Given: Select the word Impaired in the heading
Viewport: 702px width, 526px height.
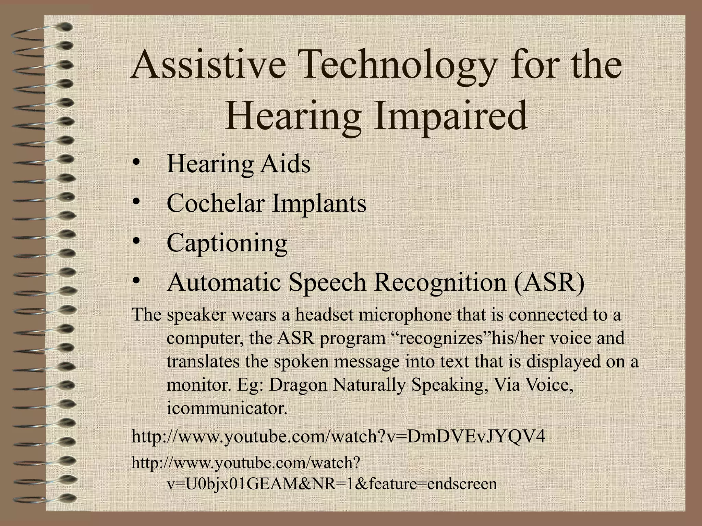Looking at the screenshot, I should pyautogui.click(x=450, y=116).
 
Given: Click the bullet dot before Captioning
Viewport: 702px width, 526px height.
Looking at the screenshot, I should pyautogui.click(x=136, y=242).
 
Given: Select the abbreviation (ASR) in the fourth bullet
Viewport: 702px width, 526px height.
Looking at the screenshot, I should pyautogui.click(x=549, y=283).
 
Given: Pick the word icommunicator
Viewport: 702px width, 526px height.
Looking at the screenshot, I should pyautogui.click(x=227, y=408).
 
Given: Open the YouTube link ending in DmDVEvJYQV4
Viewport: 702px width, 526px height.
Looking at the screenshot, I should pyautogui.click(x=338, y=437).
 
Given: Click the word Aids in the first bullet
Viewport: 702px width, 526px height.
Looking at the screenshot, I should pyautogui.click(x=285, y=164).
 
